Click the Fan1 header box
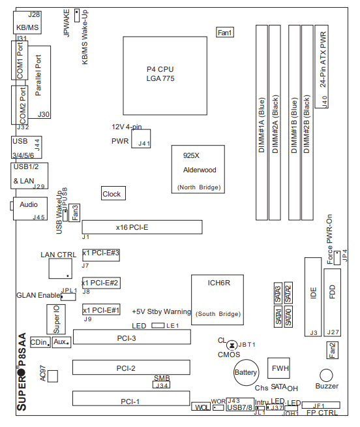(x=225, y=33)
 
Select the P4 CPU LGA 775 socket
(x=165, y=76)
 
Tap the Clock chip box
(x=113, y=193)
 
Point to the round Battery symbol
(x=247, y=373)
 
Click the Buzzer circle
(x=326, y=375)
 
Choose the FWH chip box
(x=278, y=368)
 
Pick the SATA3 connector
(x=278, y=293)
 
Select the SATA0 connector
(x=288, y=317)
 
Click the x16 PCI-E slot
(x=142, y=227)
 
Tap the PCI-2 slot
(x=131, y=368)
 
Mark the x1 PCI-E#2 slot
(x=101, y=283)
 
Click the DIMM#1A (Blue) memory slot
(x=262, y=123)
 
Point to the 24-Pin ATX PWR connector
(x=322, y=67)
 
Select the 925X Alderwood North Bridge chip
(x=198, y=169)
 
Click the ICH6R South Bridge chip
(x=217, y=300)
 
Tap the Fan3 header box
(x=74, y=213)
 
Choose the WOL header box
(x=201, y=407)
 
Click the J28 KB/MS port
(x=27, y=23)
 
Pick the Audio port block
(x=30, y=208)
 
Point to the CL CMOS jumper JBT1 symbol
(x=232, y=345)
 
